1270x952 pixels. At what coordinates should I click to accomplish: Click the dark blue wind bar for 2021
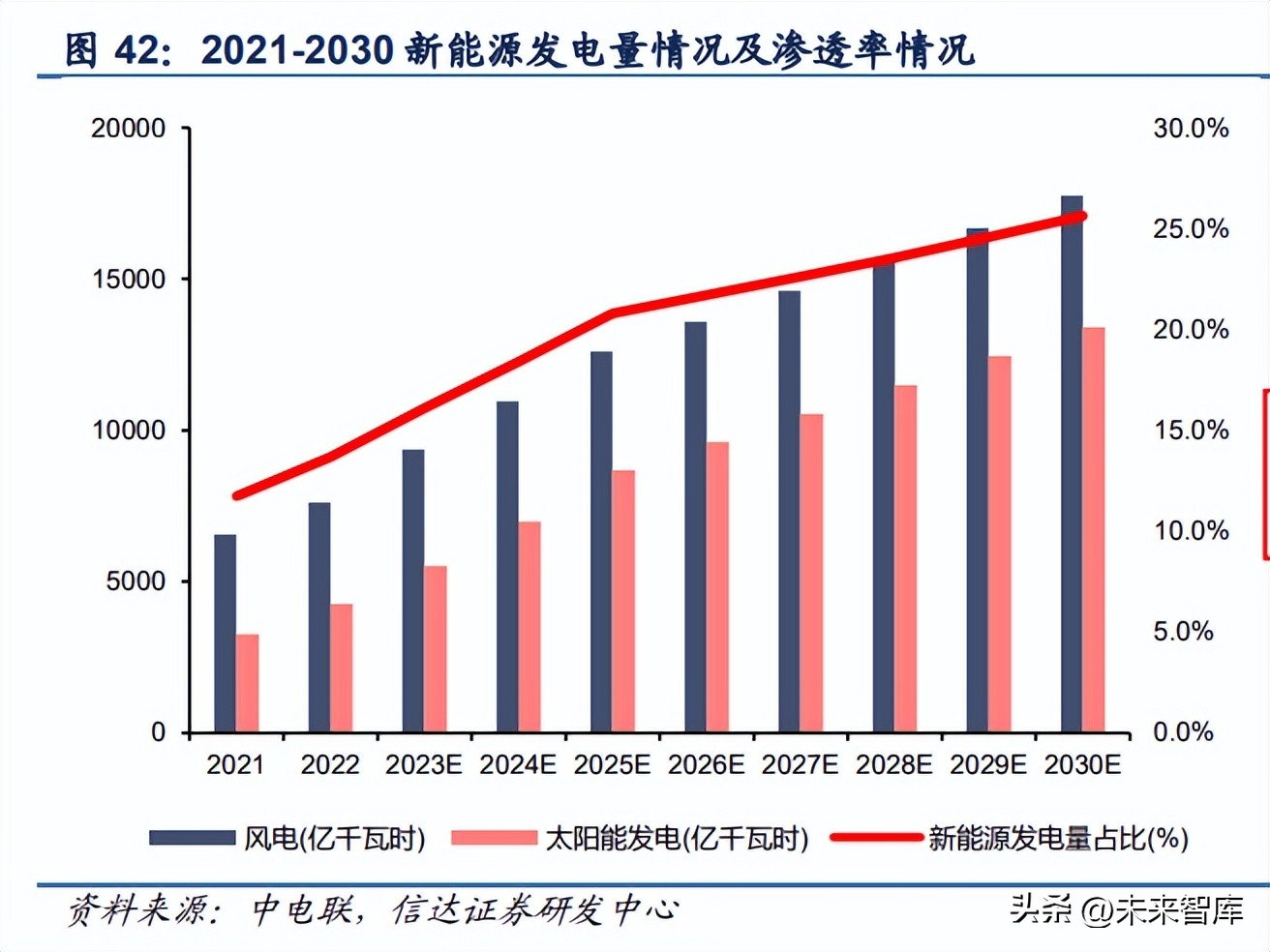pyautogui.click(x=225, y=634)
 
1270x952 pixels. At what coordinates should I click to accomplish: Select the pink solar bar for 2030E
pyautogui.click(x=1093, y=530)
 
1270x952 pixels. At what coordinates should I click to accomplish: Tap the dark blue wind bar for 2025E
pyautogui.click(x=601, y=542)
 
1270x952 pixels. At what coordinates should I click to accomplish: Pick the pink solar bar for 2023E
pyautogui.click(x=436, y=649)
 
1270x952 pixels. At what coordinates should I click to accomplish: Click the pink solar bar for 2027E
pyautogui.click(x=811, y=573)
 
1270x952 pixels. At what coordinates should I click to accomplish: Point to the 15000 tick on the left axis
pyautogui.click(x=129, y=280)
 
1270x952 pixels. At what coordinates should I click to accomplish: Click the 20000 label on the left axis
pyautogui.click(x=129, y=129)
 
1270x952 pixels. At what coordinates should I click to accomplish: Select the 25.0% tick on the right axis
pyautogui.click(x=1190, y=229)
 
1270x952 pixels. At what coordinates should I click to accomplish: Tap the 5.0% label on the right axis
pyautogui.click(x=1182, y=632)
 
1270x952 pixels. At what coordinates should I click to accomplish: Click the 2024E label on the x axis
pyautogui.click(x=518, y=765)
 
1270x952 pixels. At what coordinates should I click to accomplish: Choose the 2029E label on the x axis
pyautogui.click(x=988, y=765)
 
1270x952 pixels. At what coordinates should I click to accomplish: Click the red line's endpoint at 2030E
pyautogui.click(x=1082, y=217)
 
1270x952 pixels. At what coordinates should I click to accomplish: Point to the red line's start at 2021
pyautogui.click(x=237, y=495)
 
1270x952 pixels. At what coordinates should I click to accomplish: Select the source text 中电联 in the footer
pyautogui.click(x=301, y=910)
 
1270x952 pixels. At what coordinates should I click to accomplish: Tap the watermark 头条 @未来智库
pyautogui.click(x=1126, y=910)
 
